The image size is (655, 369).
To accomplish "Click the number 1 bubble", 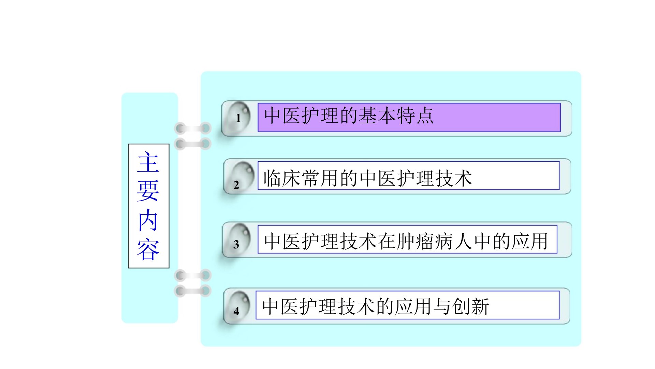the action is [238, 117].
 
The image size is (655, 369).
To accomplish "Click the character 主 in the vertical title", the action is [148, 162].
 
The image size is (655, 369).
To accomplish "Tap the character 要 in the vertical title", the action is [148, 191].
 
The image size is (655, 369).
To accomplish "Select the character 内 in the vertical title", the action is [148, 221].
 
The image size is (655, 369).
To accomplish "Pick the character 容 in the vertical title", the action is [148, 249].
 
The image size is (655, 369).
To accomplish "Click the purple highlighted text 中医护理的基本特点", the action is [349, 115].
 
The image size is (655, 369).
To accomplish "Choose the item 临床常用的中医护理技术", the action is [368, 178].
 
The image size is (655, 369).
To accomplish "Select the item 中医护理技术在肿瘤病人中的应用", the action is [406, 241].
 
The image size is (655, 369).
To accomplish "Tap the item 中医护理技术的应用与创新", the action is [376, 306].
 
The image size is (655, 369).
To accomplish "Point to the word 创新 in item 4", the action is [470, 306].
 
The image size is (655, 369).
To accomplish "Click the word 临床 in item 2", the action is [282, 178].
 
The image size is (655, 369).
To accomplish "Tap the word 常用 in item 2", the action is [320, 178].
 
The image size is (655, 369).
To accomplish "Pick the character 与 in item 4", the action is [442, 306].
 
